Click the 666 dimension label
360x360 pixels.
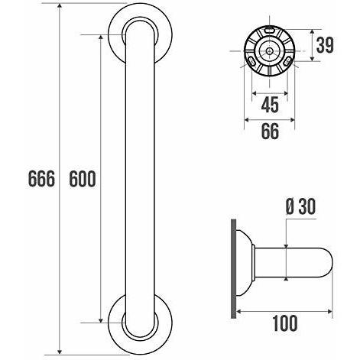(41, 178)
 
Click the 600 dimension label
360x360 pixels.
(83, 178)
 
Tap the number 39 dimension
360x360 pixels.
(325, 45)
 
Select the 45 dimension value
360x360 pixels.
(270, 105)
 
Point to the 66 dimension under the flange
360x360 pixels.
(270, 131)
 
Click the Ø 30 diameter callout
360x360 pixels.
(300, 206)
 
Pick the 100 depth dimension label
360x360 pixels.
(285, 323)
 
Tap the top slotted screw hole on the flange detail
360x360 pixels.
(269, 31)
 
